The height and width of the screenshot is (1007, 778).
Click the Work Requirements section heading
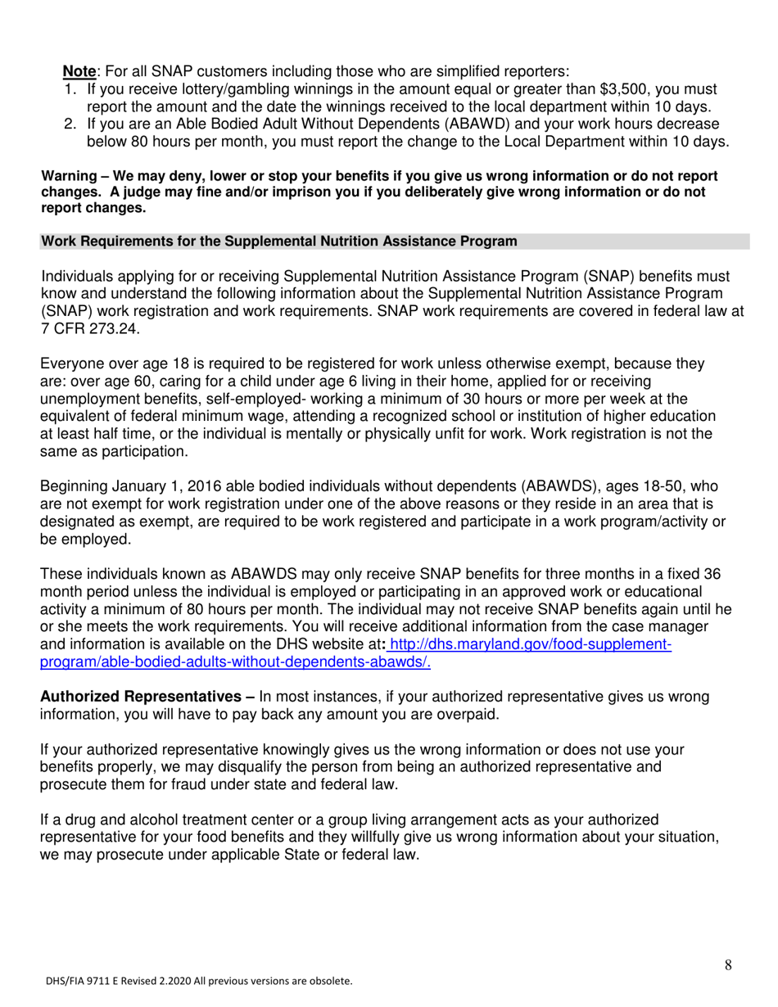(x=278, y=242)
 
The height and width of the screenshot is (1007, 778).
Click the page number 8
(x=728, y=965)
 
